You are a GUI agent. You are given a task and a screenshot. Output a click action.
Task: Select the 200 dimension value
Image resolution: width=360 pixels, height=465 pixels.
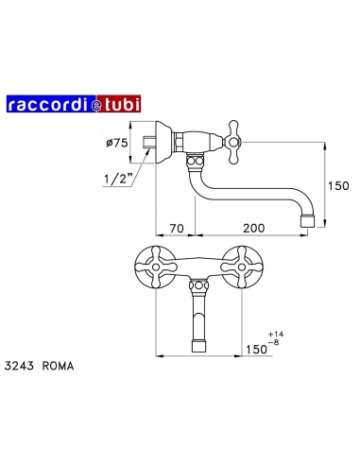(251, 228)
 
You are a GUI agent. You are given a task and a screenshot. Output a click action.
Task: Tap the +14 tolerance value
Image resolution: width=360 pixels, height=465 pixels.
(276, 335)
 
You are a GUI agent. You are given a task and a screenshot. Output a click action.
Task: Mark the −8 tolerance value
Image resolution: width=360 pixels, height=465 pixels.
(275, 345)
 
